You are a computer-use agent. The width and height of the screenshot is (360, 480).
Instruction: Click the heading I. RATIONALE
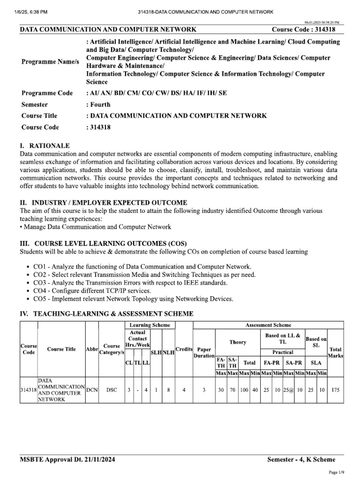[x=45, y=146]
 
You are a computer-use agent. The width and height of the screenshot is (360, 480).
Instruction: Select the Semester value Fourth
[x=97, y=104]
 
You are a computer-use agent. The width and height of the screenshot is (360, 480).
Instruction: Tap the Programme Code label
[x=47, y=93]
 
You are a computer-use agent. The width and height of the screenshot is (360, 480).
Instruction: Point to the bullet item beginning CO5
[x=133, y=299]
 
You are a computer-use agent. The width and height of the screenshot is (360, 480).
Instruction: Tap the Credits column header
[x=184, y=349]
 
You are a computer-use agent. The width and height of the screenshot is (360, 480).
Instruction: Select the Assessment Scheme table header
[x=268, y=325]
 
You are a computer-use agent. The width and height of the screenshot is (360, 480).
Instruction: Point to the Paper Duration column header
[x=204, y=352]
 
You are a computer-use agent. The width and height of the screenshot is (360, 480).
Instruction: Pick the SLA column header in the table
[x=316, y=362]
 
